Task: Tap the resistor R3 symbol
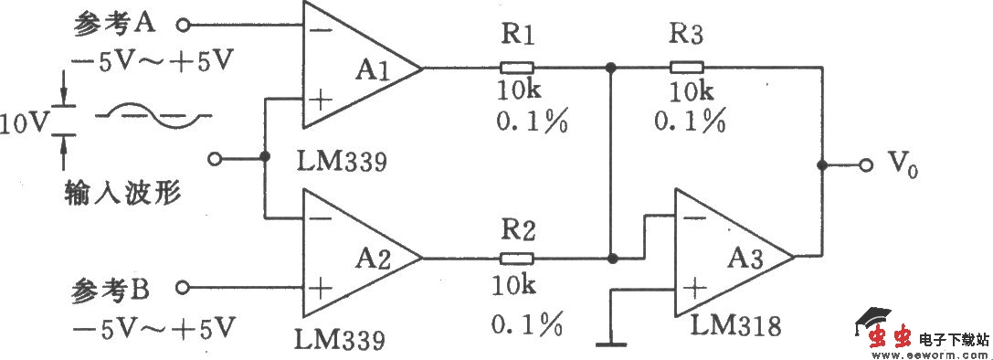point(686,67)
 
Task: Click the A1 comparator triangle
point(356,69)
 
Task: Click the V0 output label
point(904,165)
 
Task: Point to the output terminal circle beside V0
point(864,165)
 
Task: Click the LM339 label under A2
point(339,340)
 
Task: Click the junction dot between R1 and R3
point(609,67)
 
